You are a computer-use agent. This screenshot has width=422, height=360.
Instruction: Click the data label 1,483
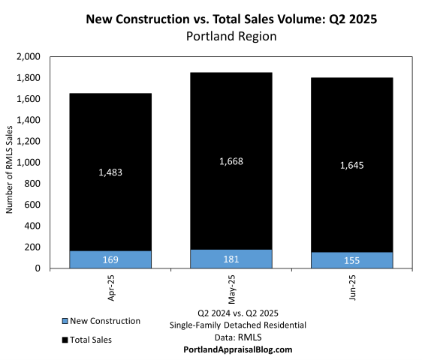click(x=111, y=172)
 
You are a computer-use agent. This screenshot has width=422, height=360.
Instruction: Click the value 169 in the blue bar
click(x=111, y=259)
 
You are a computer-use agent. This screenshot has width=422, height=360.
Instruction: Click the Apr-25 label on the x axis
click(x=111, y=287)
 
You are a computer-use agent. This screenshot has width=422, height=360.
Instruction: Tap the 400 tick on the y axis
click(x=36, y=226)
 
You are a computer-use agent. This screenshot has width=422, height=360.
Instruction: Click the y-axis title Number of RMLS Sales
click(x=10, y=163)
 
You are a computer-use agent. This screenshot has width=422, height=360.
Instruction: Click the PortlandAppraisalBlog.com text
click(x=237, y=349)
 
